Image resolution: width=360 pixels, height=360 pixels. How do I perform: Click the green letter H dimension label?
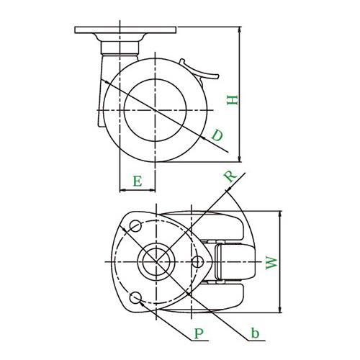point(233,100)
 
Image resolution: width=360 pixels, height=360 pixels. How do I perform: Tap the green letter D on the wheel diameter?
point(217,135)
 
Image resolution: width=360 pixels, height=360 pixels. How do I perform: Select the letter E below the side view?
point(138,181)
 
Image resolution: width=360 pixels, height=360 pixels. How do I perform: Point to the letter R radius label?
point(230,176)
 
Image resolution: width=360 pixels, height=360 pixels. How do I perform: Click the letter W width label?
point(271,263)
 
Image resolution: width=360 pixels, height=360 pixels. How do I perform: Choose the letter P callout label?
point(199,333)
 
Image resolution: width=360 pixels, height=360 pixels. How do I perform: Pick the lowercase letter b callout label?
point(255,333)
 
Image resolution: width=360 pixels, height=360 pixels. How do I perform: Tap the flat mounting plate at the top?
point(125,30)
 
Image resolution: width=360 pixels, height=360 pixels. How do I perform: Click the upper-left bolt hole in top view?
point(135,225)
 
